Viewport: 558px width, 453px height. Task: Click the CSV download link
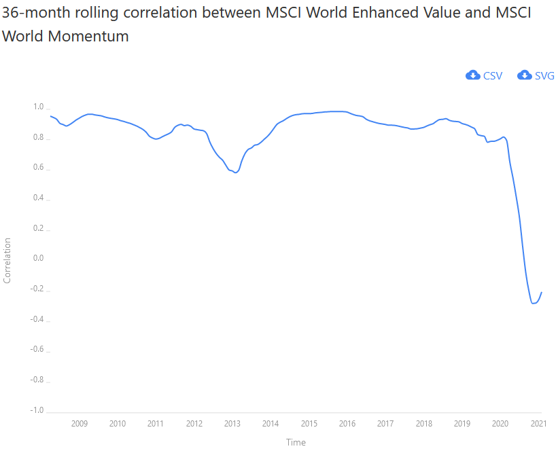tap(492, 75)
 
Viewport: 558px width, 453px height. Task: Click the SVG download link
tap(544, 75)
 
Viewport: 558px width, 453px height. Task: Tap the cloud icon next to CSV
tap(473, 75)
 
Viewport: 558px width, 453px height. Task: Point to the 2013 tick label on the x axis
tap(232, 424)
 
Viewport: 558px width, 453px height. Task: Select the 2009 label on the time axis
tap(80, 424)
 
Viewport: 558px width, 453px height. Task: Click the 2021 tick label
tap(539, 424)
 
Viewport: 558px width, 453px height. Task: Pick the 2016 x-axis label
tap(347, 424)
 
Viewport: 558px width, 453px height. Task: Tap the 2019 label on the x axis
tap(462, 424)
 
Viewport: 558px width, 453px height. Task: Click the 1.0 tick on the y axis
tap(37, 107)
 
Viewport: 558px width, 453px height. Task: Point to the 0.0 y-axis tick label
tap(37, 259)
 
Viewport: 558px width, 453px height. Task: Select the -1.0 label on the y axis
tap(36, 410)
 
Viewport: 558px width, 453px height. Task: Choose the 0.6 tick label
tap(37, 168)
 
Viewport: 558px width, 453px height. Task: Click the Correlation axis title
tap(7, 260)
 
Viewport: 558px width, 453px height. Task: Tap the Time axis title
tap(296, 443)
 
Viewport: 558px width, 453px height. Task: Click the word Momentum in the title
tap(88, 37)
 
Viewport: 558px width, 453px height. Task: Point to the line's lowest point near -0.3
tap(534, 303)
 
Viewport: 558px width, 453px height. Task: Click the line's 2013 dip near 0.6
tap(235, 173)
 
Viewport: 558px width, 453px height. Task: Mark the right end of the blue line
tap(542, 292)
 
